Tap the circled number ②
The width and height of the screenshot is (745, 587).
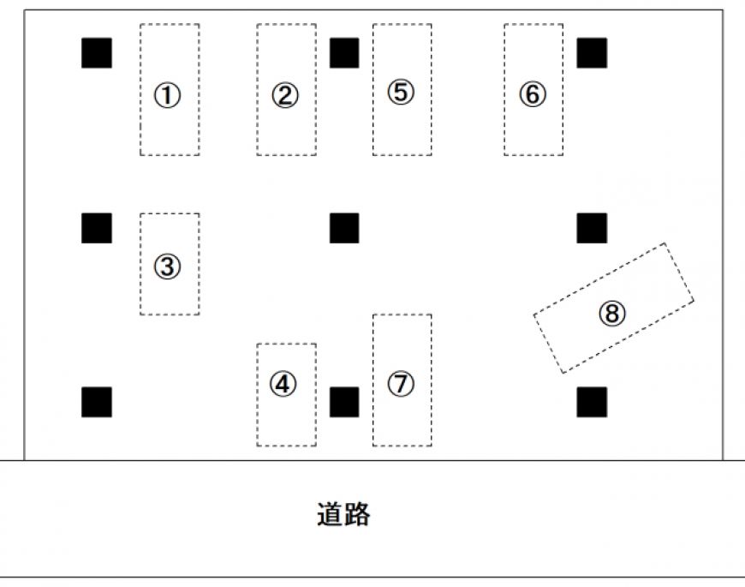coord(285,94)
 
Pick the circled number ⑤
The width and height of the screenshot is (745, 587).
coord(401,92)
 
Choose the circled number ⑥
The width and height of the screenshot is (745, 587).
coord(532,94)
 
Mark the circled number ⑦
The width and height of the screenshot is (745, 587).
coord(401,384)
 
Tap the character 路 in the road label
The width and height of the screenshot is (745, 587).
coord(357,514)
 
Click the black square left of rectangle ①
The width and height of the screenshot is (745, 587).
coord(97,53)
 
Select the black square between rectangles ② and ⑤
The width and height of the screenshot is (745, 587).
coord(344,53)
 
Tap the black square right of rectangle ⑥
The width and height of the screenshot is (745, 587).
coord(592,53)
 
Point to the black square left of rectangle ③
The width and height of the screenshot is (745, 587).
coord(97,228)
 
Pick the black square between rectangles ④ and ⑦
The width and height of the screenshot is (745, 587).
coord(344,401)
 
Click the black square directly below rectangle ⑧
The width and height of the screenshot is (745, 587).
coord(592,401)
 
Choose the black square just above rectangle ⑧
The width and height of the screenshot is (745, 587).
coord(592,228)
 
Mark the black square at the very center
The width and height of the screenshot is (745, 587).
coord(344,228)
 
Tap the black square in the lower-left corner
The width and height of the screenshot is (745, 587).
coord(97,401)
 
